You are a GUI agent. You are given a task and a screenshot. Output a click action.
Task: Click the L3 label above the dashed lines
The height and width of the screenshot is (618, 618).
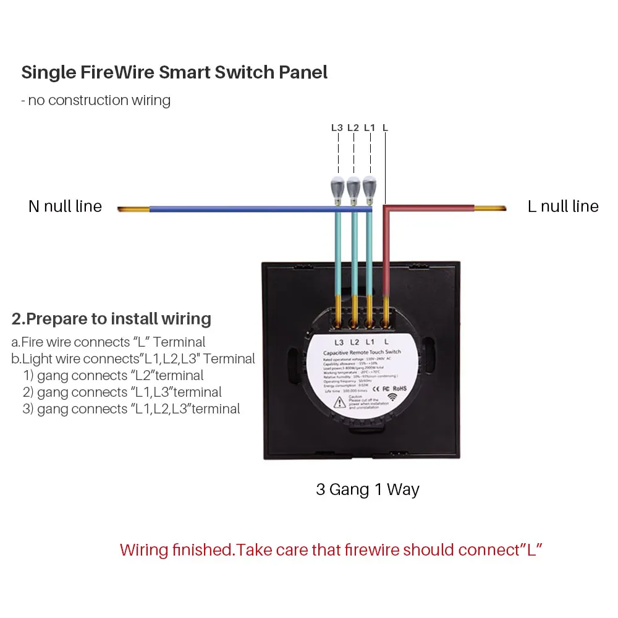pos(337,128)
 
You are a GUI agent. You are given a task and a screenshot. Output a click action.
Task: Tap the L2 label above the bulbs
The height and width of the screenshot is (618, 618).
pos(353,128)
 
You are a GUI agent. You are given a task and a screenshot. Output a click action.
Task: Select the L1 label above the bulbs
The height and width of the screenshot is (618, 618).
pos(370,128)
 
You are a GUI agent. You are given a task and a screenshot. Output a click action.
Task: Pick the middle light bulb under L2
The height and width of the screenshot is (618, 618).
pos(353,187)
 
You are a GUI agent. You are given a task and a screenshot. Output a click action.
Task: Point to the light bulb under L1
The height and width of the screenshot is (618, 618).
pos(369,187)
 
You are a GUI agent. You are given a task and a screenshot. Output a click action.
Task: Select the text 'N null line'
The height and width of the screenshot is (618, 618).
pos(65,206)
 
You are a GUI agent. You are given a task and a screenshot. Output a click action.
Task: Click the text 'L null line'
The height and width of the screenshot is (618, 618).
pos(563,206)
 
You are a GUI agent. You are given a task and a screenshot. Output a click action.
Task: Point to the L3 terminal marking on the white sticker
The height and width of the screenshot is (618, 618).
pos(339,342)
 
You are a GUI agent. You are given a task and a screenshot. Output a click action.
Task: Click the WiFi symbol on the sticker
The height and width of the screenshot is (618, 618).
pos(392,397)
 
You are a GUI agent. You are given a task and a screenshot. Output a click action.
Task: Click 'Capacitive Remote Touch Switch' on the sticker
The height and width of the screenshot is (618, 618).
pos(362,352)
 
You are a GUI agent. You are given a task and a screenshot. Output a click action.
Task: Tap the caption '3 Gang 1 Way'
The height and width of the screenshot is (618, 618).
pos(368,490)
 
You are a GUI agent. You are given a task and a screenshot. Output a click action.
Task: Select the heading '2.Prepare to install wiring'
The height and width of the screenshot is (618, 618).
pos(111,319)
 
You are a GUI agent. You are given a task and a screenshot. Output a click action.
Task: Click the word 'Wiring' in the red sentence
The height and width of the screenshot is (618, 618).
pos(146,549)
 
